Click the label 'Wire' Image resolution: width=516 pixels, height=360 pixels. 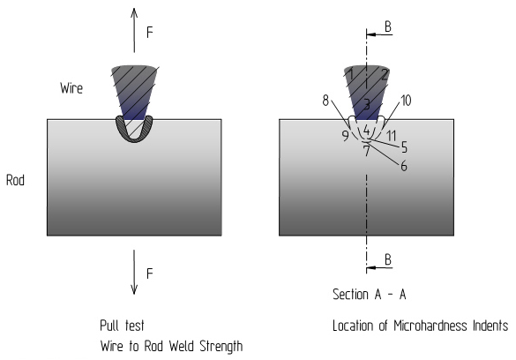coord(71,88)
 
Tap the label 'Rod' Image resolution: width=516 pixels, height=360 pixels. coord(16,180)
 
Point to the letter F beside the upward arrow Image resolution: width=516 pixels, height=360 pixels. coord(150,33)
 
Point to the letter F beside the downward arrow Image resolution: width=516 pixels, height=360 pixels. coord(150,274)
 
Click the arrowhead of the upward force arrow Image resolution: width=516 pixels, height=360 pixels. coord(134,12)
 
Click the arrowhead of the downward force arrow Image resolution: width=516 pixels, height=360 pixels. coord(134,289)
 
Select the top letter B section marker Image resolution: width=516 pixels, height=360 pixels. coord(388,26)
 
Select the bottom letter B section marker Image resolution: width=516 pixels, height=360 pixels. coord(388,259)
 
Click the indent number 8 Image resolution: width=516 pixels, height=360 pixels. coord(325,101)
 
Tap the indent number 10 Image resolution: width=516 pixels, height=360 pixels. coord(406,101)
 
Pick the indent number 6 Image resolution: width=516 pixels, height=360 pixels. coord(404,166)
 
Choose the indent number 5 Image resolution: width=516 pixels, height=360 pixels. coord(404,147)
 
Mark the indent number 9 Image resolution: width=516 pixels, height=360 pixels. coord(345,136)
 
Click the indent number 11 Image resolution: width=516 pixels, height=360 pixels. coord(392,136)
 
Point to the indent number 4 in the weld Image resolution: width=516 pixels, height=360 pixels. coord(366,131)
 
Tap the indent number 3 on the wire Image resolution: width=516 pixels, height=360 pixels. coord(367,105)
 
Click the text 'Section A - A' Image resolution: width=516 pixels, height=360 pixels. coord(370,294)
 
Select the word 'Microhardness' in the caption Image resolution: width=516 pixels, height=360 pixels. coord(430,326)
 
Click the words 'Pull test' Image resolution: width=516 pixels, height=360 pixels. coord(122,326)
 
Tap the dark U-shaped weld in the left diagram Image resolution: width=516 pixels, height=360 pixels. coord(134,139)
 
